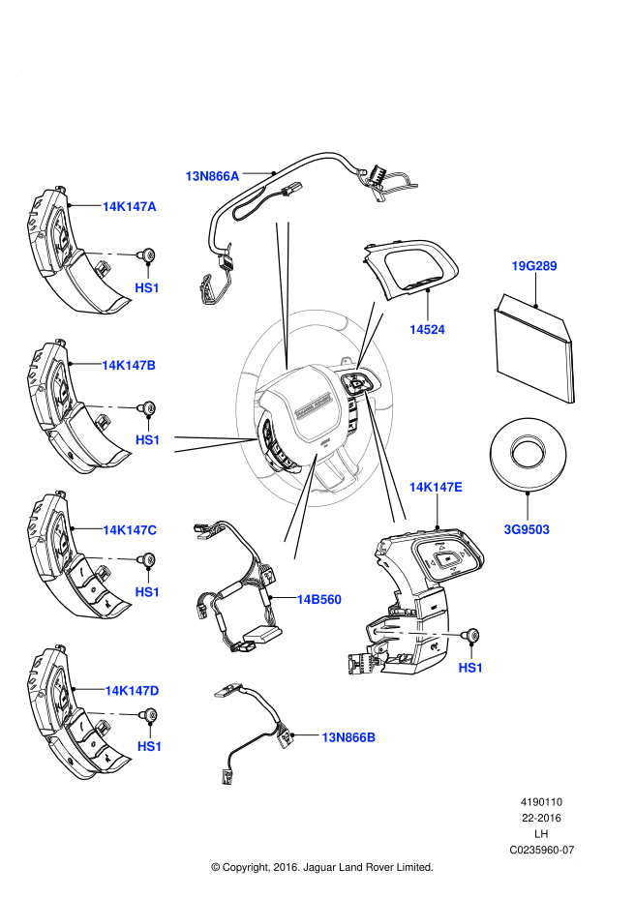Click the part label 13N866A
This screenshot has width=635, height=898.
(212, 176)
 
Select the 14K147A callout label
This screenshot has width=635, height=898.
(129, 206)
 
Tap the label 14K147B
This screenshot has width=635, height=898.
(129, 365)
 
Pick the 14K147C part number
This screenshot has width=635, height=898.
(130, 529)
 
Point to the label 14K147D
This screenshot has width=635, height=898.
(132, 690)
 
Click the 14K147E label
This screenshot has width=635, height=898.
(435, 488)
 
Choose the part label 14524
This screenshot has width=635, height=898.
(427, 329)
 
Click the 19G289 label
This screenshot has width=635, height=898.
(534, 264)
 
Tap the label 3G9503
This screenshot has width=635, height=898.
(526, 529)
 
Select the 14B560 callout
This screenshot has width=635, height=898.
(318, 599)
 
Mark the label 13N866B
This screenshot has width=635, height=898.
(348, 737)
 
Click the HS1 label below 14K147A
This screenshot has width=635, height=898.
(147, 287)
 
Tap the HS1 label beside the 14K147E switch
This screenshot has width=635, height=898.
(470, 668)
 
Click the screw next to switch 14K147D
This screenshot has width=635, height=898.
(149, 716)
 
